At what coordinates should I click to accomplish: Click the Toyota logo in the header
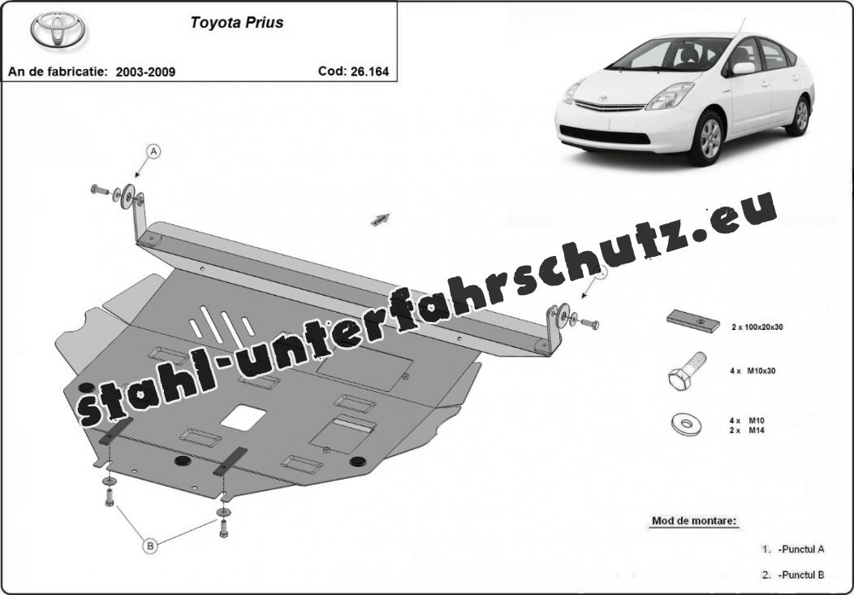point(59,31)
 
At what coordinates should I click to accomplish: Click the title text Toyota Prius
point(237,23)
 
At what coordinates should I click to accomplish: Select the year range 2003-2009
point(145,72)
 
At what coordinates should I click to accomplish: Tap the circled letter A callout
point(153,151)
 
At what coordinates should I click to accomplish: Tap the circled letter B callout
point(150,547)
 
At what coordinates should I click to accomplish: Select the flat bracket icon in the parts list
point(692,321)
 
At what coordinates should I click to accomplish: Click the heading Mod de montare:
point(694,521)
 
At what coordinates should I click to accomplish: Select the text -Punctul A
point(800,549)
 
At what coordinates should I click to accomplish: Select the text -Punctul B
point(800,575)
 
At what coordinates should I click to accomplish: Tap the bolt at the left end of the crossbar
point(101,189)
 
